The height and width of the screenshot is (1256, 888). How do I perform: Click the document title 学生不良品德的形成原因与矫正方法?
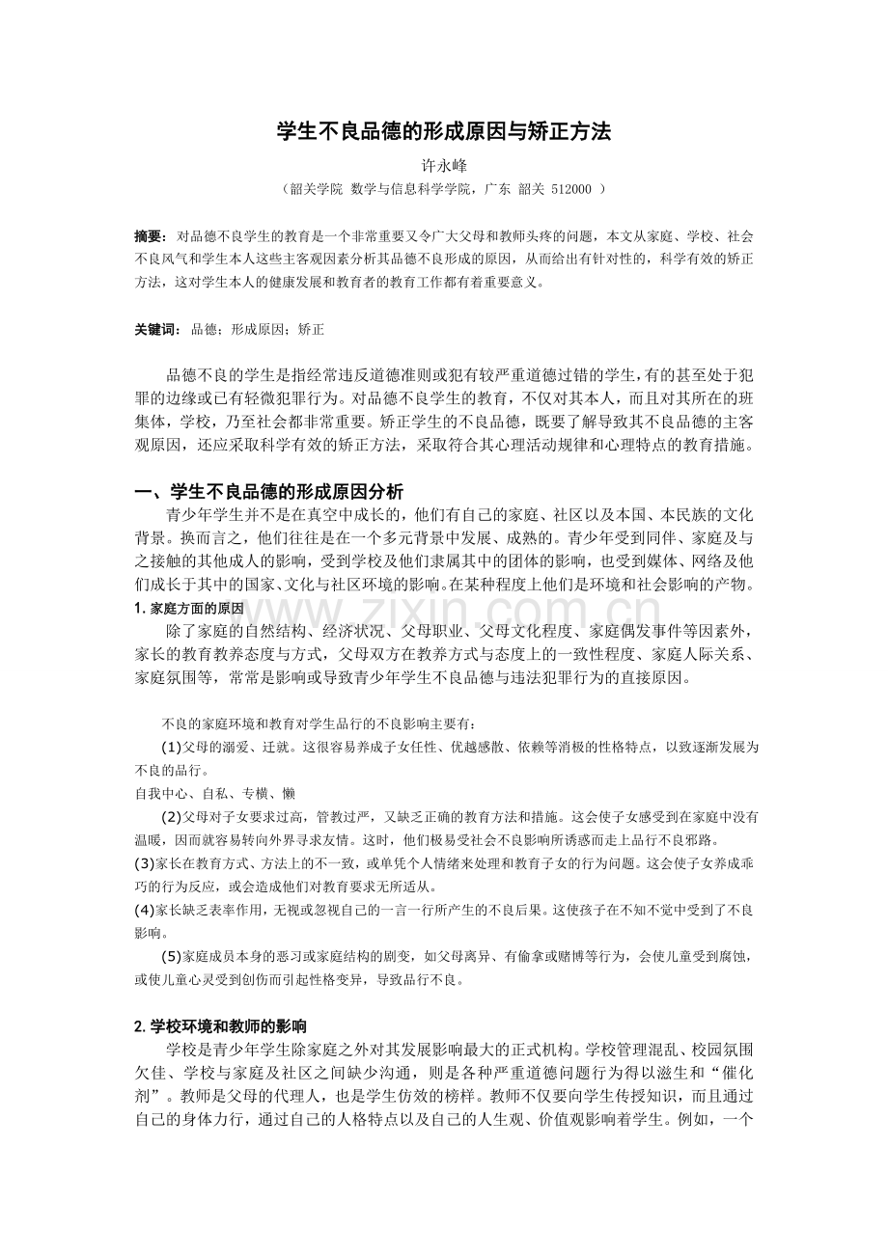pos(444,132)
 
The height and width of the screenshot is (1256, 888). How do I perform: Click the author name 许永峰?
pos(444,167)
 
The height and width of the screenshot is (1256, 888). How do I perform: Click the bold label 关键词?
pos(155,330)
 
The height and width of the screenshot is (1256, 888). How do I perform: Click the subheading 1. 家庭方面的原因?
pos(189,609)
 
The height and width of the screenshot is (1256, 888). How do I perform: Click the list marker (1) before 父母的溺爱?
pos(171,748)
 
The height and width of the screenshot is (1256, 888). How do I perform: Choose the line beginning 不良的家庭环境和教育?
pos(319,724)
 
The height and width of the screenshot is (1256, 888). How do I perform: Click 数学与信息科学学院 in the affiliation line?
pos(411,190)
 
